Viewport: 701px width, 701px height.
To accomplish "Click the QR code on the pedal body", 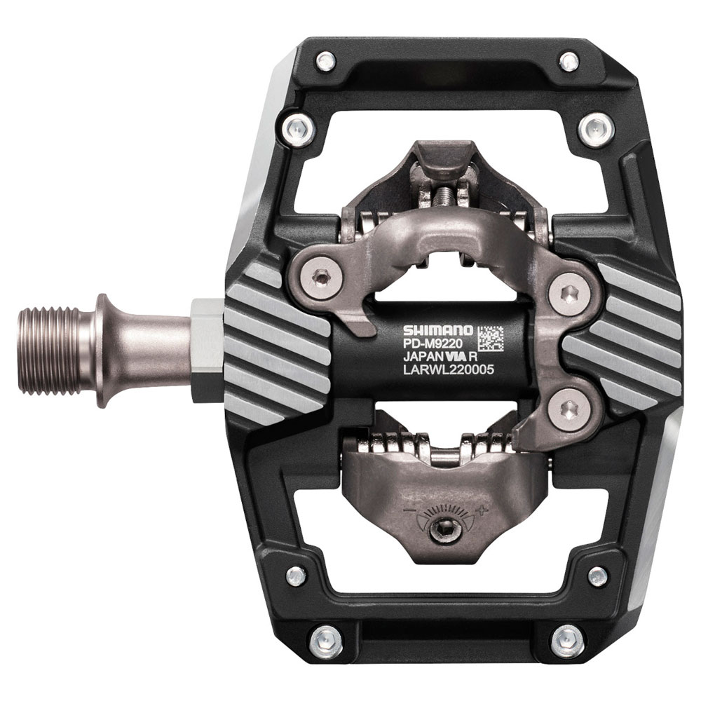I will (x=490, y=338).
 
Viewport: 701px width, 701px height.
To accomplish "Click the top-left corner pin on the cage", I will (x=325, y=61).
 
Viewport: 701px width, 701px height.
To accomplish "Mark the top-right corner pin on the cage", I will (x=569, y=61).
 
